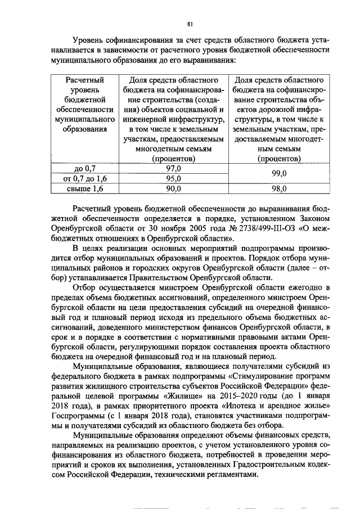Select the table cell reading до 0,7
coord(85,168)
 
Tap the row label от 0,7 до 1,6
coord(85,178)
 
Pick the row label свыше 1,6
coord(85,189)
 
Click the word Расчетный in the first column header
coord(85,80)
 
